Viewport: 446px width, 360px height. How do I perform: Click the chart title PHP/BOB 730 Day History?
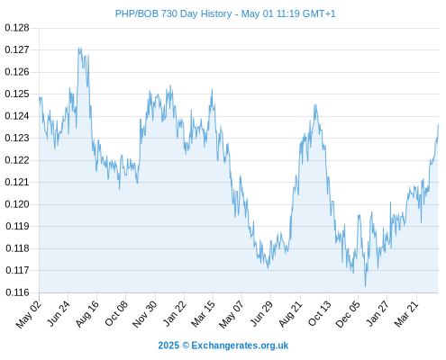173,13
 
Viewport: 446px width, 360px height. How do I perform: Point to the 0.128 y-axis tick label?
17,28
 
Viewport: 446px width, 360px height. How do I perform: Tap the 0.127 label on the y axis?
17,49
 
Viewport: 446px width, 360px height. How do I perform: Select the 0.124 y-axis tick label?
17,116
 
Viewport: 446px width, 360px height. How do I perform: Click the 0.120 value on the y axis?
17,204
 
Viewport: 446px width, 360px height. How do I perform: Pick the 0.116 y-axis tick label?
17,292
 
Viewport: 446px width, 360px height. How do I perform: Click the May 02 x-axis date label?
29,314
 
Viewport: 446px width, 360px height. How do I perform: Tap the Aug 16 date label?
87,314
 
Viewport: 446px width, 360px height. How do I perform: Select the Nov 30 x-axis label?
145,314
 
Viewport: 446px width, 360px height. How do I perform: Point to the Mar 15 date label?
204,314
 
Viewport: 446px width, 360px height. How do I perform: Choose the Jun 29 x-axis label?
261,314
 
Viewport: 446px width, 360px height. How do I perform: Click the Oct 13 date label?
320,314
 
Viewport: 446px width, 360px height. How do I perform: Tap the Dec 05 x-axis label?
348,314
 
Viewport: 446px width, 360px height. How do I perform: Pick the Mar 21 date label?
406,314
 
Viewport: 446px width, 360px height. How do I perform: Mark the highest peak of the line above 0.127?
78,48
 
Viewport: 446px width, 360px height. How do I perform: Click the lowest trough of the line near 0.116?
365,286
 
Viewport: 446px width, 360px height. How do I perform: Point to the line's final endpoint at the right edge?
438,124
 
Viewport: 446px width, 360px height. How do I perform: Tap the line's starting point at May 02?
40,97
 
